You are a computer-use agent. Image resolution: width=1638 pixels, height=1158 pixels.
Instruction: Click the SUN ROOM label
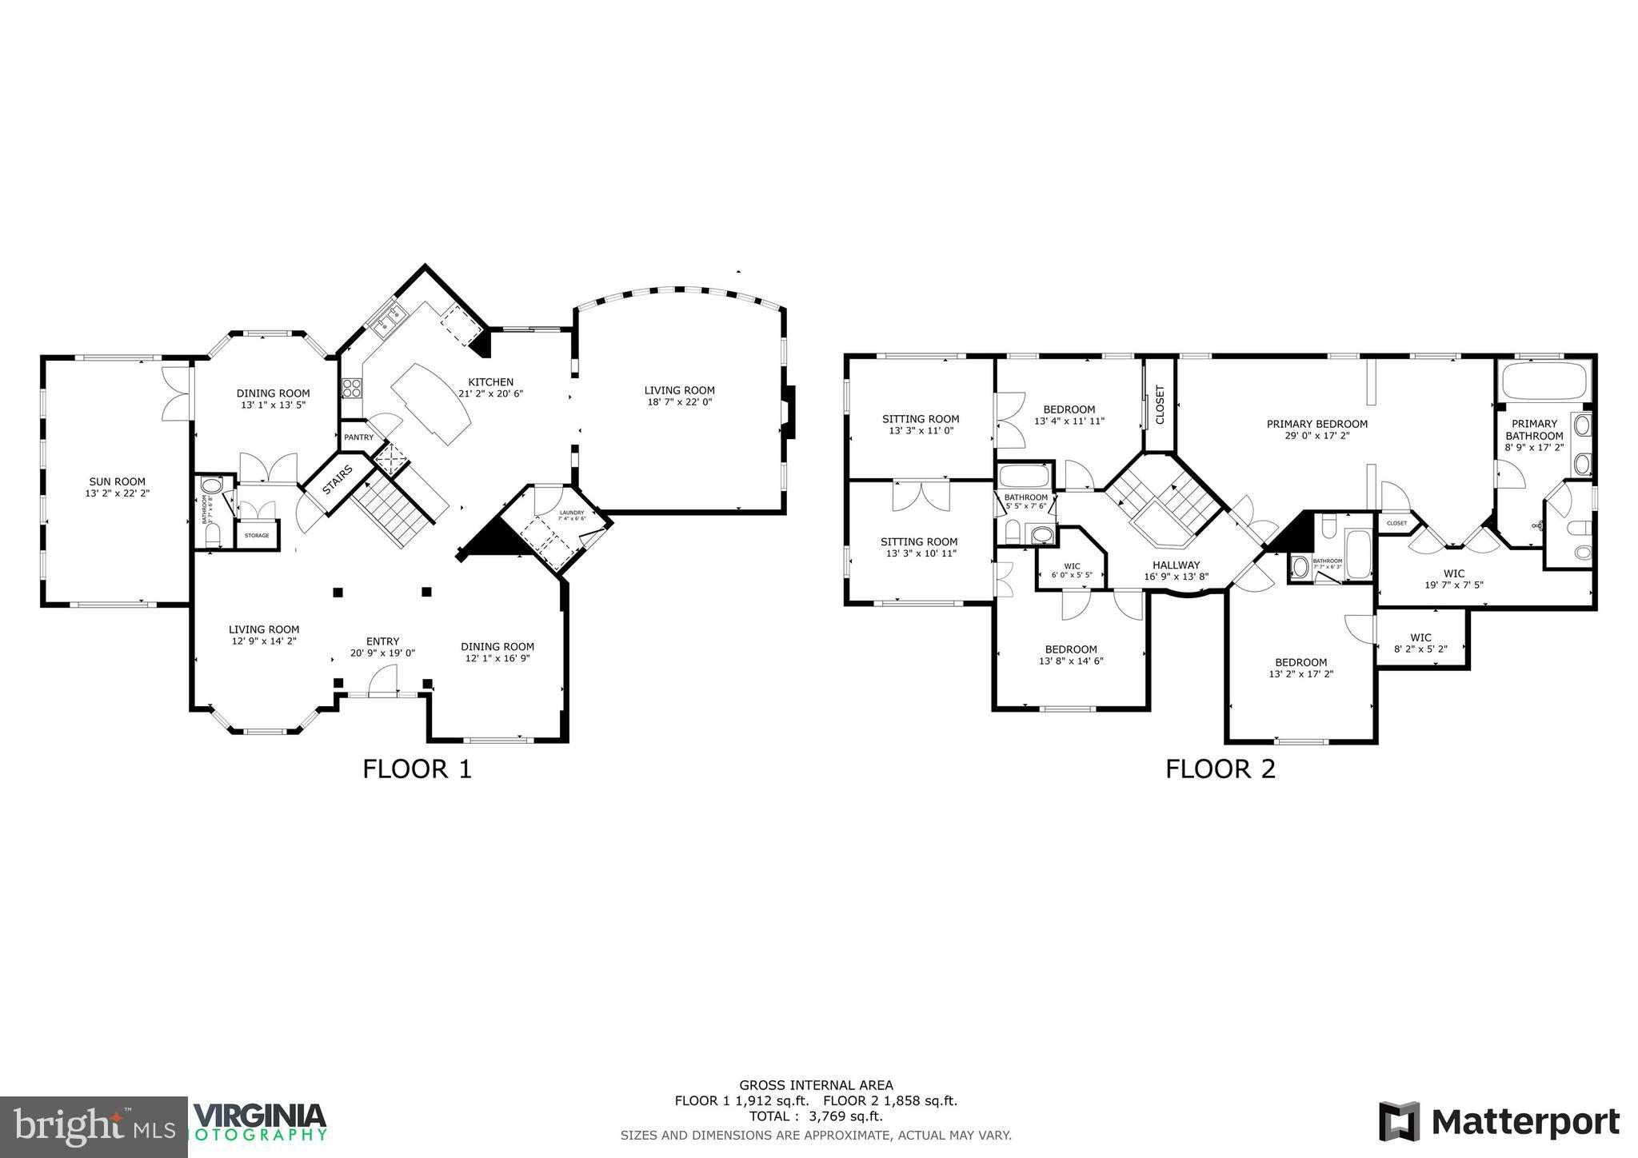tap(117, 481)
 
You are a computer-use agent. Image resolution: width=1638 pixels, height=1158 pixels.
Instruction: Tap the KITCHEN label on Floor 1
tap(490, 382)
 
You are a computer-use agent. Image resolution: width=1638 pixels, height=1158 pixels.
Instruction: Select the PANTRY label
tap(358, 437)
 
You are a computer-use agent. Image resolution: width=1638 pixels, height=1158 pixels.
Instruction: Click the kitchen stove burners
tap(351, 389)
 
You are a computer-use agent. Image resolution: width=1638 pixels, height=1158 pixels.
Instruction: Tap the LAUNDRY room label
tap(571, 513)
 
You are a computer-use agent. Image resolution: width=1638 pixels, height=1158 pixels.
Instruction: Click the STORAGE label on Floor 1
tap(257, 535)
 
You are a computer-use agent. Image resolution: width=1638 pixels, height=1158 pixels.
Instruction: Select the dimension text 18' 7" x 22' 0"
tap(679, 402)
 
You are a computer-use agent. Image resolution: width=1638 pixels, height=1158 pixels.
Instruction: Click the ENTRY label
tap(382, 641)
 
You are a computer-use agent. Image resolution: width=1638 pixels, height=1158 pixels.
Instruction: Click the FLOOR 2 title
tap(1220, 769)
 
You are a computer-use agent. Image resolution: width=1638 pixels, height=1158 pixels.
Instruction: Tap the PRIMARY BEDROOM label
tap(1316, 424)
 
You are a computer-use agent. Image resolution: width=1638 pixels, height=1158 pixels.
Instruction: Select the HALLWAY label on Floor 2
tap(1176, 565)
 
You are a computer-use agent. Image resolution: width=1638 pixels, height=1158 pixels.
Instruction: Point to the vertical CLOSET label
tap(1160, 405)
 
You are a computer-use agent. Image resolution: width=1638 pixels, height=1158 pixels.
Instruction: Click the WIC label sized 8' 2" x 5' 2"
tap(1421, 637)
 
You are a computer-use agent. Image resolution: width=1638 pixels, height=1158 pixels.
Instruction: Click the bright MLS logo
tap(94, 1127)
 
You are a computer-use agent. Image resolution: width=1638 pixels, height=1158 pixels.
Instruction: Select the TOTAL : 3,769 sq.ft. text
tap(816, 1116)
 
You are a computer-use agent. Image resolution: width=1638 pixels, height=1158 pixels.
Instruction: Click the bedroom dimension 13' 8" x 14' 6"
tap(1071, 661)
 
